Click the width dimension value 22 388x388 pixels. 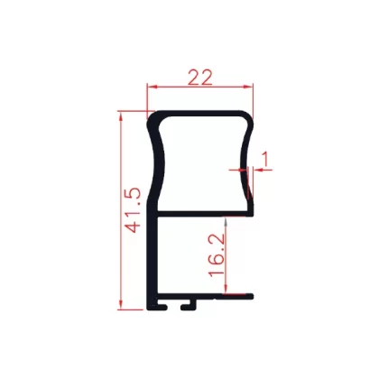tap(200, 78)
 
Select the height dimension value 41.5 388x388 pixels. tap(133, 210)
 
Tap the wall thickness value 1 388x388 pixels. tap(265, 159)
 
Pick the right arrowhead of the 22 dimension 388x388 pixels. tap(248, 87)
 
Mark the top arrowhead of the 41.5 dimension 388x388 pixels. tap(121, 116)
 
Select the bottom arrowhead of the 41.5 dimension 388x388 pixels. tap(121, 304)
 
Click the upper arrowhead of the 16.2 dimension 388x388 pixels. tap(226, 222)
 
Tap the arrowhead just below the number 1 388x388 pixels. tap(259, 170)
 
